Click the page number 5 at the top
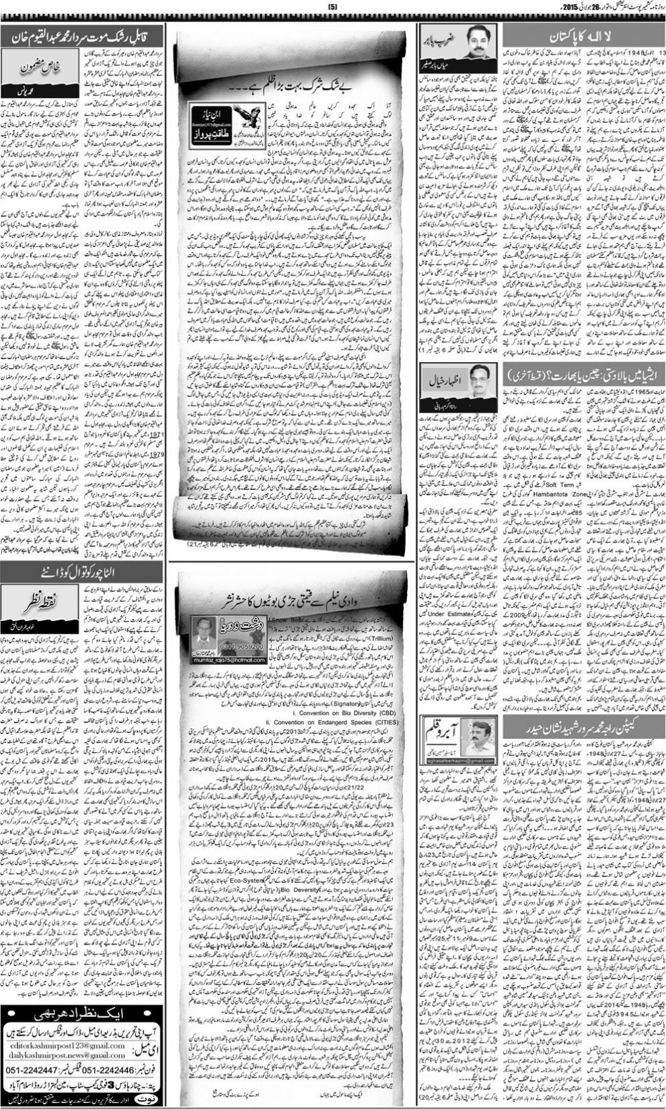coord(332,7)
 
